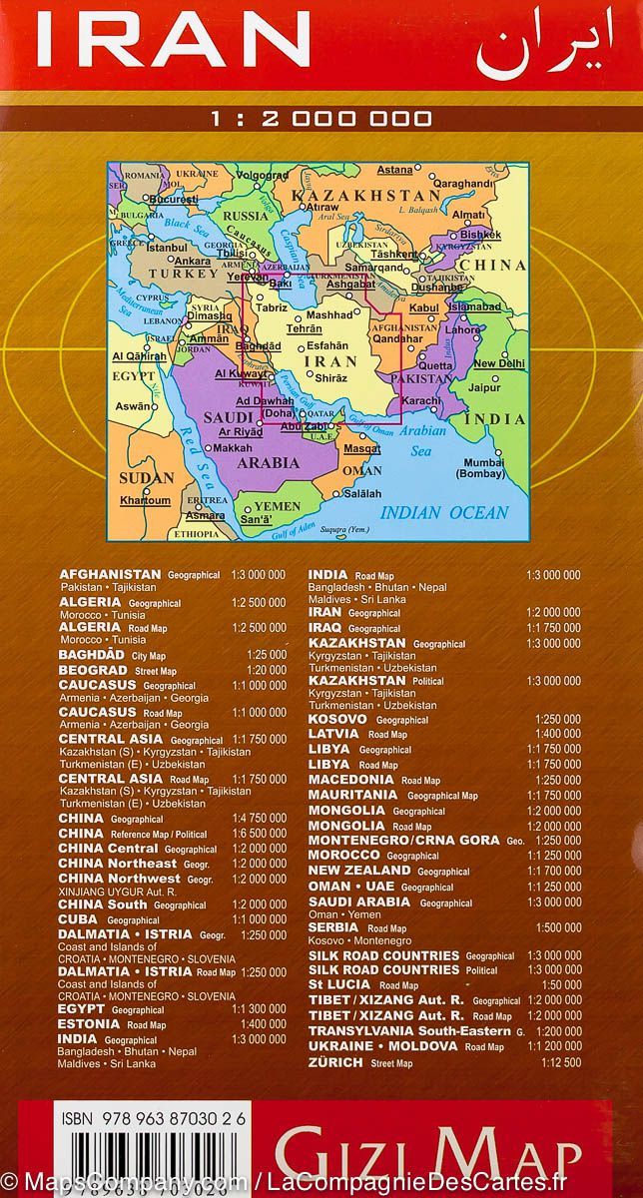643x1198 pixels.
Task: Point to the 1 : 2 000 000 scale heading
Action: point(321,119)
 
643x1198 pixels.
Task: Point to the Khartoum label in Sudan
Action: point(145,499)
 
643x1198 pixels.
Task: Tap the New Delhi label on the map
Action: point(497,363)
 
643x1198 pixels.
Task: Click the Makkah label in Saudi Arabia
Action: point(233,448)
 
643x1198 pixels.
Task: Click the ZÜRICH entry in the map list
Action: point(335,1061)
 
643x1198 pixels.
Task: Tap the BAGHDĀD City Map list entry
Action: point(93,654)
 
